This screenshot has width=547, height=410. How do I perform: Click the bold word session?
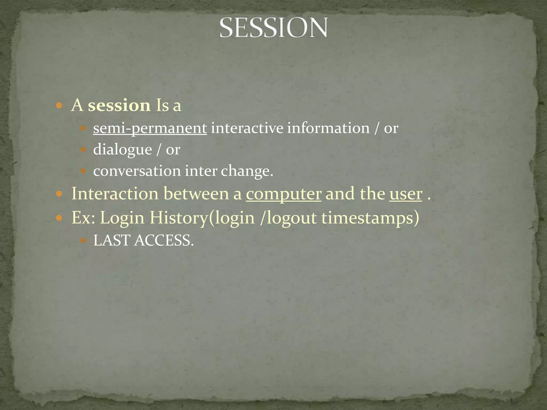[119, 105]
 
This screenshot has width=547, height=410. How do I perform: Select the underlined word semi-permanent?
[150, 128]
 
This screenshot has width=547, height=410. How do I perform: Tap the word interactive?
[247, 128]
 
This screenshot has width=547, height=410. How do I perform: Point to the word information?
[328, 128]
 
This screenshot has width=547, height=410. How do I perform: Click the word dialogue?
[123, 149]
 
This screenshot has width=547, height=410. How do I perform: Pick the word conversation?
[137, 171]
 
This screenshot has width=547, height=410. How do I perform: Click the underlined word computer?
[283, 194]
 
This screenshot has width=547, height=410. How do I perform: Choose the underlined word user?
[406, 194]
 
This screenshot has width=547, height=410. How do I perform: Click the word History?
[178, 218]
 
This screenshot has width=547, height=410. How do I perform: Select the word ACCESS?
[164, 240]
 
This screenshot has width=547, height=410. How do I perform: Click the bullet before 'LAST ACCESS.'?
[83, 241]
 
